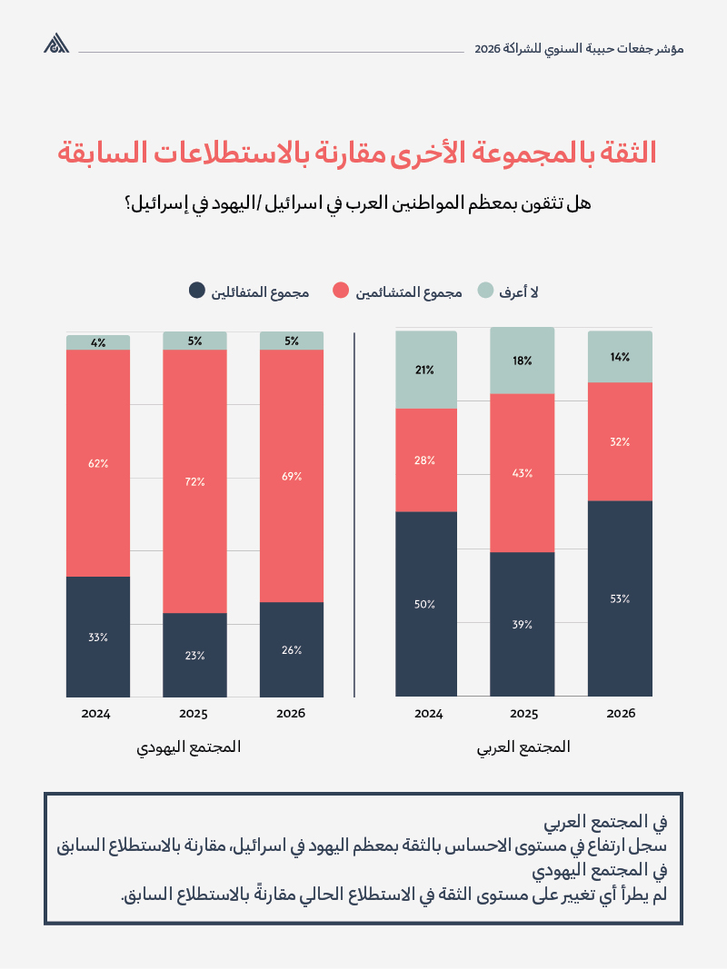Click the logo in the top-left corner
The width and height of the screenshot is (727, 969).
pos(56,44)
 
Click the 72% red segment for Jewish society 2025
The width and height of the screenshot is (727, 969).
pos(194,481)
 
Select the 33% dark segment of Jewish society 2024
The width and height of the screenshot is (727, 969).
pos(98,637)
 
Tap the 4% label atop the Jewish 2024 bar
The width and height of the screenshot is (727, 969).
pos(98,342)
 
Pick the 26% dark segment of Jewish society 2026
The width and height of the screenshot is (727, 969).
pos(291,649)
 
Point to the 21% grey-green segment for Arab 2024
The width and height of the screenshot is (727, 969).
pos(426,370)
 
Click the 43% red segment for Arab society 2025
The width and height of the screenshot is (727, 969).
pos(522,472)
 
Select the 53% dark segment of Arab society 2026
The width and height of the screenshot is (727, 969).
pos(620,598)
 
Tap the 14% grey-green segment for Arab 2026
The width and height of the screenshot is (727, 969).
pos(620,357)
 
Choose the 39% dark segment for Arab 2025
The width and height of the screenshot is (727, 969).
pos(522,624)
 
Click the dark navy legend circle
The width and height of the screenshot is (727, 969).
pos(196,292)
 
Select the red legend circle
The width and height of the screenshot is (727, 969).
pos(340,292)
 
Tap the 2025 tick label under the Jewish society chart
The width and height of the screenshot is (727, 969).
pos(194,713)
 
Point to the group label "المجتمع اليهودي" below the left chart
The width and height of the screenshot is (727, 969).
pos(189,747)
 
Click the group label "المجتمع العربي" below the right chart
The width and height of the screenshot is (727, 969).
pos(523,747)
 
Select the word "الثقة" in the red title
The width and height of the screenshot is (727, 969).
pos(626,153)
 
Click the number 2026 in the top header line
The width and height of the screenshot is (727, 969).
pos(488,47)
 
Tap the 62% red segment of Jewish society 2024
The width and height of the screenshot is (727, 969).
pos(98,463)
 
